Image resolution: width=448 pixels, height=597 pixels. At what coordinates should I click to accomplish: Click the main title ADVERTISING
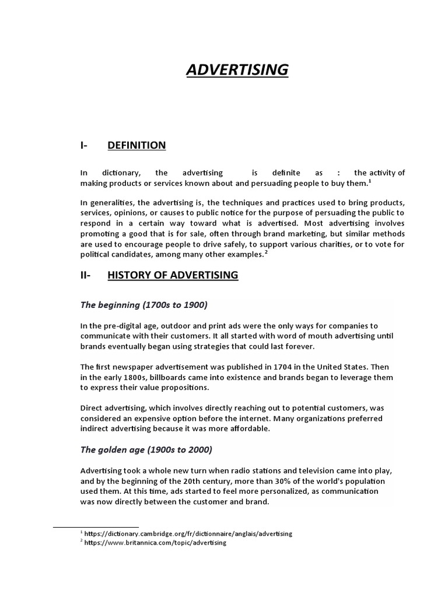(237, 70)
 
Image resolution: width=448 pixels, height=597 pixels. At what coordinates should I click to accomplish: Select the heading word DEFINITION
(136, 145)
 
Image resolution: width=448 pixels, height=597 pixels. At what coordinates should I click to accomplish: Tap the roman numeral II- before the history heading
(86, 275)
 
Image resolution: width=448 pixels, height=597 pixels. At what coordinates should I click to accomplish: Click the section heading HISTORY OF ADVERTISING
(173, 275)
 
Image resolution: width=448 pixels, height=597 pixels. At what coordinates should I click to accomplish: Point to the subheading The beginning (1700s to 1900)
(144, 305)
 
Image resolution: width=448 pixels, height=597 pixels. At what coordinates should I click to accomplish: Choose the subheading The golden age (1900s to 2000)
(146, 449)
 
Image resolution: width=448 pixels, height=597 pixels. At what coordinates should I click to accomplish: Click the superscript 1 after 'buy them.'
(369, 181)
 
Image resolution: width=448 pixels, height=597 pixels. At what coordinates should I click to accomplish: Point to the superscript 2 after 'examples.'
(266, 252)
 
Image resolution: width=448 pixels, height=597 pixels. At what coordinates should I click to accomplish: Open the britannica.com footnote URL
(155, 543)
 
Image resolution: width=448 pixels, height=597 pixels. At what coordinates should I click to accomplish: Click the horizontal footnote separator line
(96, 527)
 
